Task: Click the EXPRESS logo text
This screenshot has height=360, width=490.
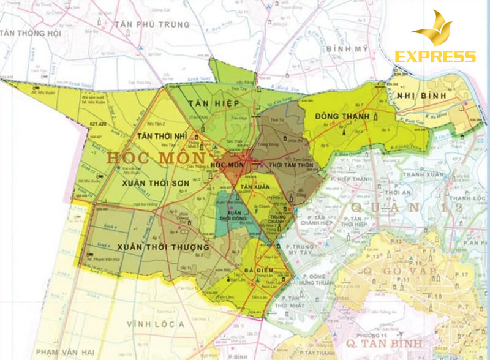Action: pyautogui.click(x=435, y=57)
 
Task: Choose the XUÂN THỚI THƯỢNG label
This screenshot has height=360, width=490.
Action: pyautogui.click(x=162, y=247)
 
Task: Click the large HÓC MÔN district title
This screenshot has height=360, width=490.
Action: pyautogui.click(x=147, y=157)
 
